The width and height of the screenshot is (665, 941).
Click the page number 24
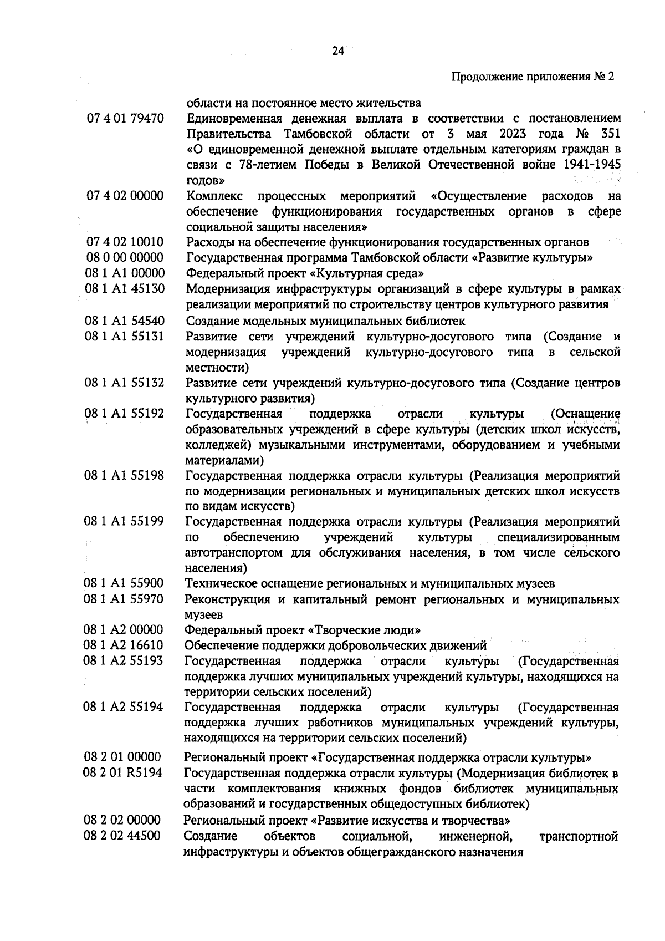point(337,51)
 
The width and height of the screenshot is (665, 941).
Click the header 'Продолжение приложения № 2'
point(533,77)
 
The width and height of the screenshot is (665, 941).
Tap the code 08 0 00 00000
point(125,258)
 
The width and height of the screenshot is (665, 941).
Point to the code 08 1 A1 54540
point(125,321)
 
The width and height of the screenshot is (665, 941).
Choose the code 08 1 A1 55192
point(124,414)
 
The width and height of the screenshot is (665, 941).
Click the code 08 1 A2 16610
point(124,645)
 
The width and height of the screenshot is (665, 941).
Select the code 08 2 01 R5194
point(123,772)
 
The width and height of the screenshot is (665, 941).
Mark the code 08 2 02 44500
point(122,836)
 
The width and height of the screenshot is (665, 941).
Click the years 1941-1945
point(591,165)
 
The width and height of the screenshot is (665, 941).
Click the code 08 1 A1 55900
point(124,583)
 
